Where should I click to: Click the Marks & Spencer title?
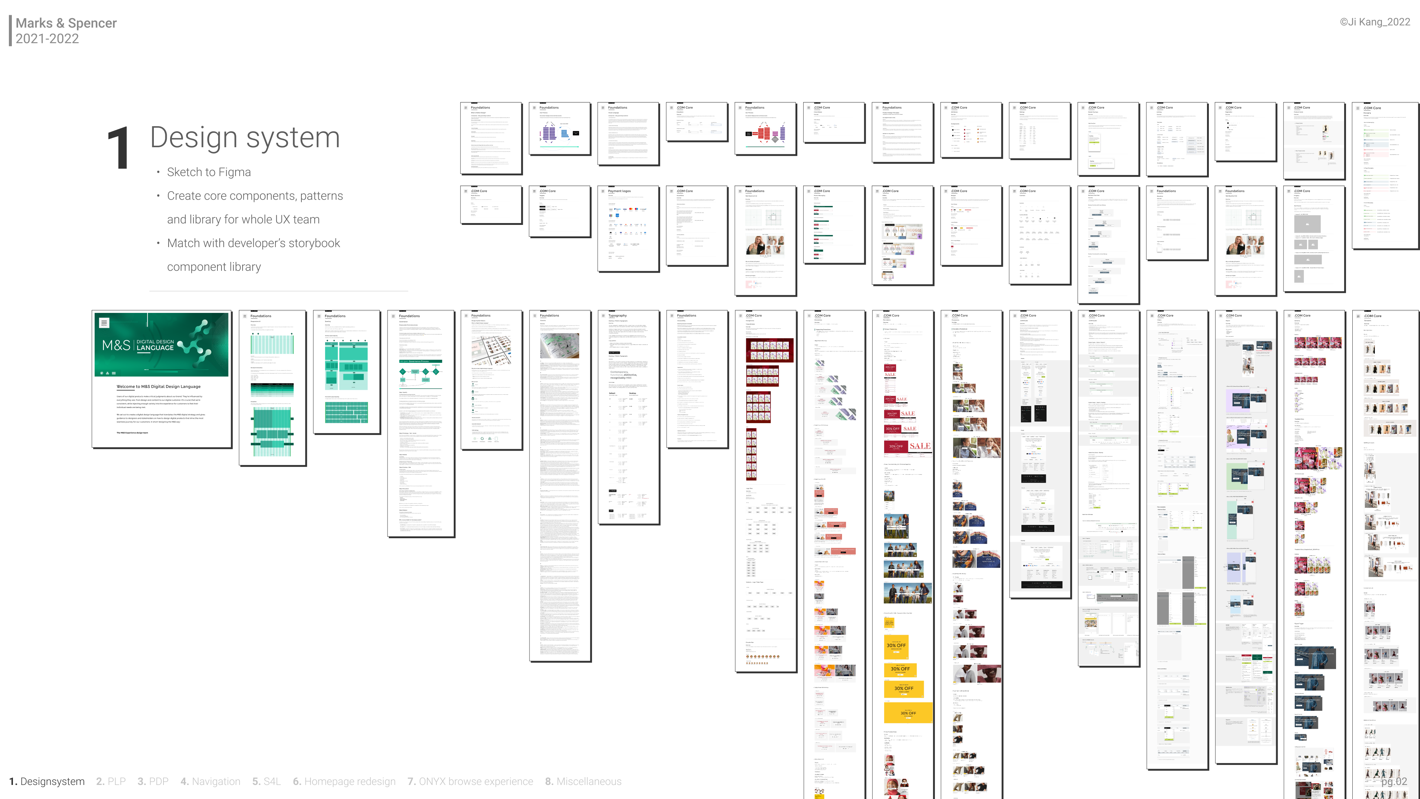[66, 23]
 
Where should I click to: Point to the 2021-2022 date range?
[47, 38]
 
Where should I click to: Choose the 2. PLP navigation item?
[111, 781]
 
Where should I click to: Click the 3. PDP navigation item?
[153, 781]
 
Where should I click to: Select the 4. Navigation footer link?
[210, 781]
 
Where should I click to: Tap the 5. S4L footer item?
[267, 781]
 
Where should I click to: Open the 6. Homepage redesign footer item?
[344, 781]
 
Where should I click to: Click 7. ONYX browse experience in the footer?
[470, 781]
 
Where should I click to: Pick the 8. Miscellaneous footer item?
[583, 781]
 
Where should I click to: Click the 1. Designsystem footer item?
[47, 781]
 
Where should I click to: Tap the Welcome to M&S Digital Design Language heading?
[159, 387]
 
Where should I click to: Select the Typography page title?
[618, 316]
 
